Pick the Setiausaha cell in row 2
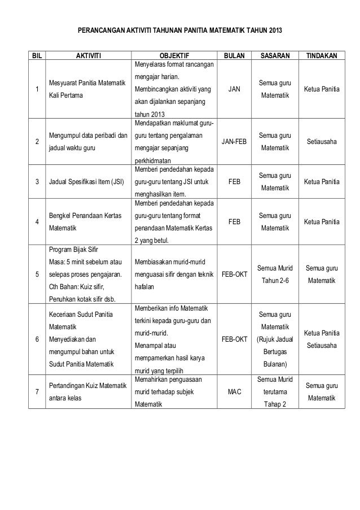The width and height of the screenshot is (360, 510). [321, 142]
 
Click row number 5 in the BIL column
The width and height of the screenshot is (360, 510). [37, 275]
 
